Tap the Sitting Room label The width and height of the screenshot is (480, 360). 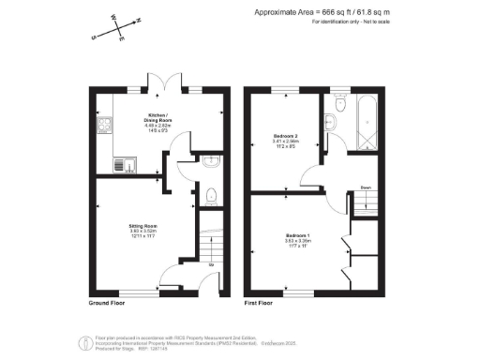142,227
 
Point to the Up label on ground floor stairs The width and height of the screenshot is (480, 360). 210,264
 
